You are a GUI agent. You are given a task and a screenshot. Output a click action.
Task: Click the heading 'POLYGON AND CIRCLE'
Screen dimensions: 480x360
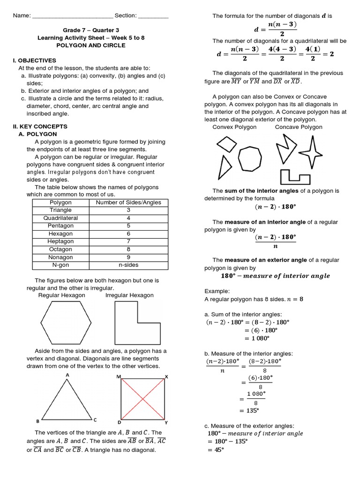91,45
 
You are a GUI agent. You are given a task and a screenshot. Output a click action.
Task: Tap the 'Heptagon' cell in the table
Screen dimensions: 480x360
60,241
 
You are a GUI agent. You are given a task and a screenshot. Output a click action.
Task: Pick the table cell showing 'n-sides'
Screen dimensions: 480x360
128,265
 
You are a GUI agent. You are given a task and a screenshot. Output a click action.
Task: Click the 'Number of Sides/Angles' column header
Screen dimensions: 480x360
128,202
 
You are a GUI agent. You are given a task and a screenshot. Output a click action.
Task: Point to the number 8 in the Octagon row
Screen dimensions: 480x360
128,249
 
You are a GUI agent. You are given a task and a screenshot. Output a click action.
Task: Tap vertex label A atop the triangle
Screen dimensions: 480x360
67,375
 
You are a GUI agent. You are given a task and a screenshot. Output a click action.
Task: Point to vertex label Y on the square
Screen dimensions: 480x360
166,422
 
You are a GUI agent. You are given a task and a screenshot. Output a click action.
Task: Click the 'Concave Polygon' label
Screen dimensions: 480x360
299,127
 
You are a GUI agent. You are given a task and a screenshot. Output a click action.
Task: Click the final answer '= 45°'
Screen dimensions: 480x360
216,450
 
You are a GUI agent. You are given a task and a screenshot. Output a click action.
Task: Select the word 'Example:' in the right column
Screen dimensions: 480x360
217,291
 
